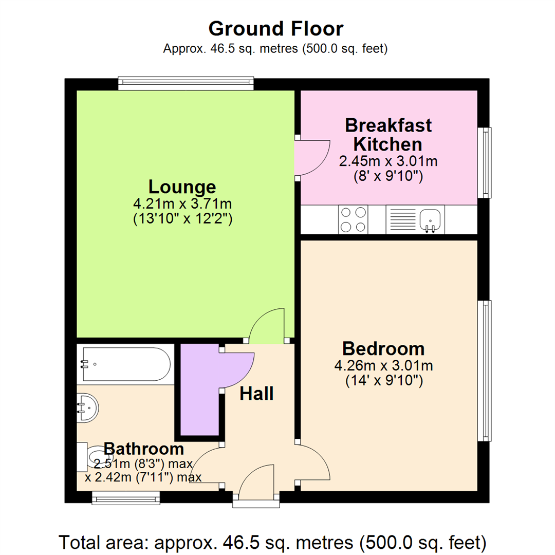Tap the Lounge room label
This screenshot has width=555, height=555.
pos(182,186)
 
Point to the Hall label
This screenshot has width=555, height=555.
pos(256,394)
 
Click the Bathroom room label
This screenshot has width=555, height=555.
pos(143,449)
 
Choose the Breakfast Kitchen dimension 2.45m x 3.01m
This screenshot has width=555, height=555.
pos(388,161)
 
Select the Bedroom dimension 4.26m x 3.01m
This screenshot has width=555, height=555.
pos(383,366)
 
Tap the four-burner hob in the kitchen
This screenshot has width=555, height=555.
pos(353,219)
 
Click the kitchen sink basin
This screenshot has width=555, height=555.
pos(430,220)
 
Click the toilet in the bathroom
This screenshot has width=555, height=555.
pos(92,456)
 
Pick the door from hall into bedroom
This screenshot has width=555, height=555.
pos(314,461)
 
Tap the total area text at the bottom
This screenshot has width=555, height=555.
pos(273,541)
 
